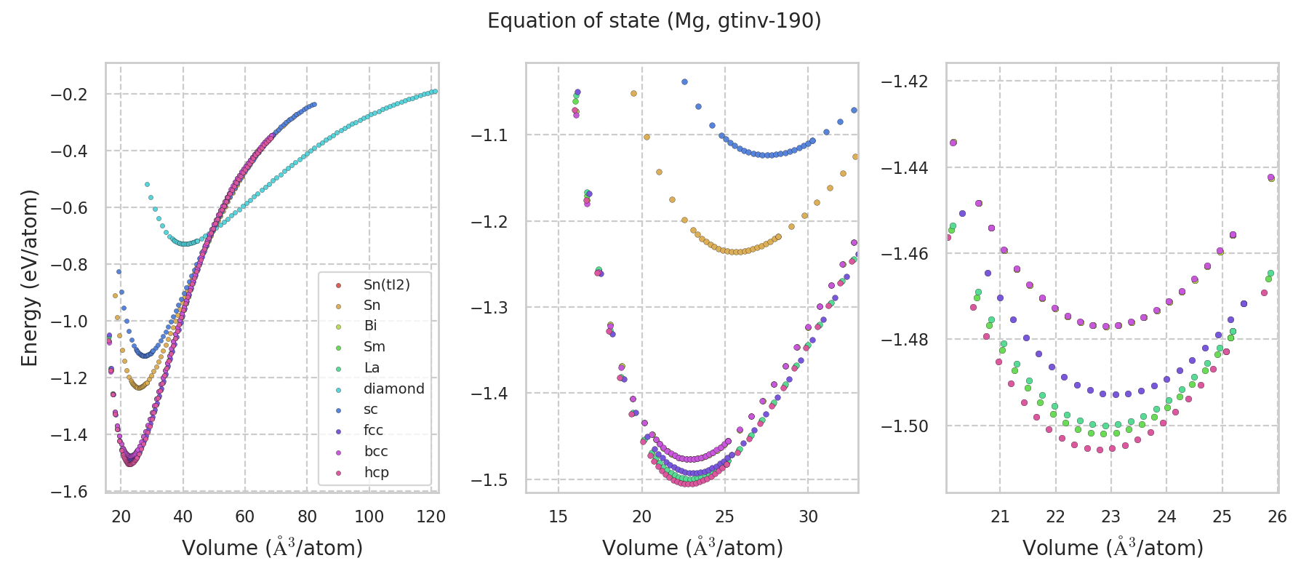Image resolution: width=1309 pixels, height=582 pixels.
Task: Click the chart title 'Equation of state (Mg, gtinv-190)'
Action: click(654, 21)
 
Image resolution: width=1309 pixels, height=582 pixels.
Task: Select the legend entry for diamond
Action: click(393, 388)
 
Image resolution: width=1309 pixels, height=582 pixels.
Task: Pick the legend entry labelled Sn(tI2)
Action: click(386, 284)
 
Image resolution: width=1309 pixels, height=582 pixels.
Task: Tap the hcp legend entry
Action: click(376, 472)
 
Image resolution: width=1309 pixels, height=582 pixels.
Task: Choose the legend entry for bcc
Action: click(376, 451)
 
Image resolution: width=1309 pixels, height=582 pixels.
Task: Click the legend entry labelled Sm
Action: click(374, 347)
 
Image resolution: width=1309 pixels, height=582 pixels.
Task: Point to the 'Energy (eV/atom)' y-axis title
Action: click(29, 278)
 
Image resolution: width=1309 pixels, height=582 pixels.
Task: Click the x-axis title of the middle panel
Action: click(692, 548)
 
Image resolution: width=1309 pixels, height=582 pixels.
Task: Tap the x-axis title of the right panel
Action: click(1113, 548)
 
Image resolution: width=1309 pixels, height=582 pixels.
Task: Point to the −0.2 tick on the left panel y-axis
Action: click(68, 95)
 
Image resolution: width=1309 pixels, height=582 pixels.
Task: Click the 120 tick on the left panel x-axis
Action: click(431, 517)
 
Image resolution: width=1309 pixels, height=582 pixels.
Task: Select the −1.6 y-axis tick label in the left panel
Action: click(68, 492)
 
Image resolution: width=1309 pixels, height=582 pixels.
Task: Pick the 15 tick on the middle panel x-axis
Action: click(558, 517)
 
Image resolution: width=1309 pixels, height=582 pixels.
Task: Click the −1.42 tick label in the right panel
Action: click(906, 81)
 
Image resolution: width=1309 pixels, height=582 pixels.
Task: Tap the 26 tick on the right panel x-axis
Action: click(1277, 517)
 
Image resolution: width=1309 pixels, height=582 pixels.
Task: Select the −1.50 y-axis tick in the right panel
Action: click(906, 426)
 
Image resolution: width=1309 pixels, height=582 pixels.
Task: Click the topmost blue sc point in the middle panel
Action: click(684, 82)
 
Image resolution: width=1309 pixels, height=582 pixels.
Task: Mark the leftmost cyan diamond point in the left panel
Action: click(147, 185)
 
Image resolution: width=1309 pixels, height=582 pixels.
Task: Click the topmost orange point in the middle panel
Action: click(633, 93)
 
